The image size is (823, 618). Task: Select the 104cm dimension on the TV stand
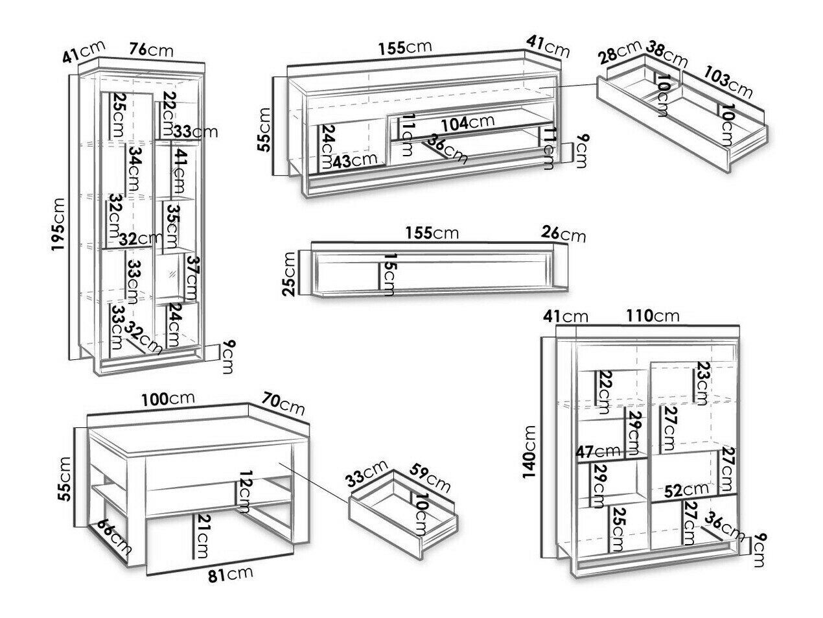coord(468,122)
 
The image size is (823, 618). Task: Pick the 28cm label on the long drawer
coord(620,53)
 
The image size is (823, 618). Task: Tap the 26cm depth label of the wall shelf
coord(563,234)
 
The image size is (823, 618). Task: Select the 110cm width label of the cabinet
coord(653,316)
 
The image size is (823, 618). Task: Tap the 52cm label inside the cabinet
coord(680,491)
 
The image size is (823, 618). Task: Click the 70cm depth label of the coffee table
coord(283,403)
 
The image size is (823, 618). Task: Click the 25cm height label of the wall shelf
coord(289,274)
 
